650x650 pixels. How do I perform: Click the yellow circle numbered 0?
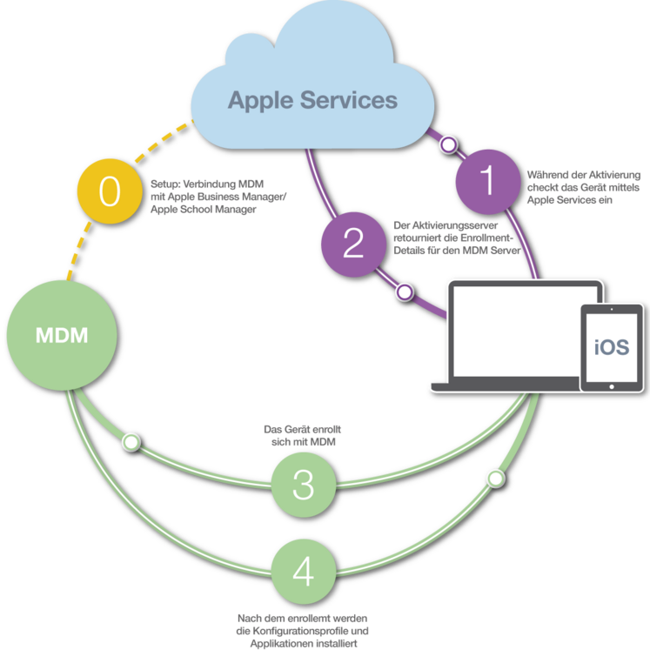coord(110,191)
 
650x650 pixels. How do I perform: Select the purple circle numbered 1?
coord(488,182)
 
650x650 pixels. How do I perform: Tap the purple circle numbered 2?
coord(353,245)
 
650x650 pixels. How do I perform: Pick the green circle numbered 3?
coord(304,485)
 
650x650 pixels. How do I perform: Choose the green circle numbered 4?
coord(304,571)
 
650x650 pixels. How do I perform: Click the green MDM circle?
coord(62,335)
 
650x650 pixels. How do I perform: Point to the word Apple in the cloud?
coord(260,101)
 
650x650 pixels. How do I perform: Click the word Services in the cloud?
coord(349,100)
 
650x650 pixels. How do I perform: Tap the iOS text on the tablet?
coord(612,347)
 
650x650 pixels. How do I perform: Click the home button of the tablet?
coord(612,386)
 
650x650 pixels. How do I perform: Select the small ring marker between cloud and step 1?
coord(448,144)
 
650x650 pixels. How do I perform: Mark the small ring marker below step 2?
coord(405,291)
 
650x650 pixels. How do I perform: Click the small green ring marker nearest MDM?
coord(131,442)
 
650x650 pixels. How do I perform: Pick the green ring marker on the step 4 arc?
coord(496,479)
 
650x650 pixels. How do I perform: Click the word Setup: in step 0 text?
coord(165,184)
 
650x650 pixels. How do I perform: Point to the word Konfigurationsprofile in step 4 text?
coord(302,632)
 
